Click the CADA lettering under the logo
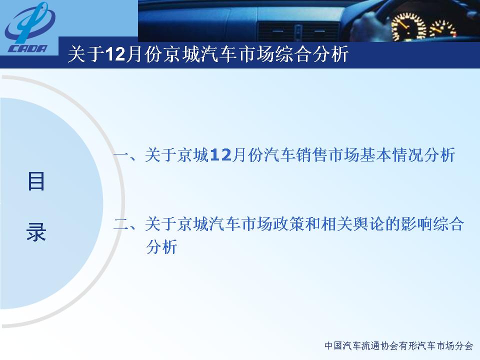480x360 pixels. [28, 48]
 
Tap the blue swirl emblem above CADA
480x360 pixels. [29, 23]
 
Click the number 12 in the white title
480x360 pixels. [115, 54]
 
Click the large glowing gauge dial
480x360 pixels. [408, 26]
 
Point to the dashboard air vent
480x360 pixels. [299, 31]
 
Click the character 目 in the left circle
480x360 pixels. [36, 181]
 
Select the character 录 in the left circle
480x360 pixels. [36, 231]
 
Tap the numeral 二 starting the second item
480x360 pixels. [121, 224]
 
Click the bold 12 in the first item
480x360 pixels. [220, 155]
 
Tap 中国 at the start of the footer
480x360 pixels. [333, 346]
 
